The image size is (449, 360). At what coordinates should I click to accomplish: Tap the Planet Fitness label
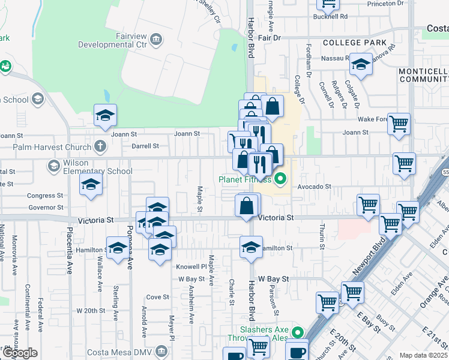[245, 179]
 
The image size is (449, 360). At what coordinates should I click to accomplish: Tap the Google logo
[19, 353]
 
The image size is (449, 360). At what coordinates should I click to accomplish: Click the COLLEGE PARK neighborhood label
[354, 43]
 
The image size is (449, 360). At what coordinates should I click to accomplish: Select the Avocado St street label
[315, 186]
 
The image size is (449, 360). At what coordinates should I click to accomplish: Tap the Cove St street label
[157, 297]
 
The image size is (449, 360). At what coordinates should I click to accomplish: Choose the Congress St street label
[45, 196]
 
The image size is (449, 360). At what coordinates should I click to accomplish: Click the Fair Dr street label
[270, 37]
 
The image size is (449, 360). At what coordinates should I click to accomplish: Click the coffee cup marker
[297, 350]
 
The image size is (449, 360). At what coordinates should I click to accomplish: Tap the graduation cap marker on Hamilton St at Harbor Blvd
[252, 247]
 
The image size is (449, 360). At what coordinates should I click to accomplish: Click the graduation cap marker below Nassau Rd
[361, 64]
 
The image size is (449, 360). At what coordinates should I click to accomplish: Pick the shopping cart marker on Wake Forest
[399, 124]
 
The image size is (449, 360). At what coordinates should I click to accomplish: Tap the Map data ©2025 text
[424, 355]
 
